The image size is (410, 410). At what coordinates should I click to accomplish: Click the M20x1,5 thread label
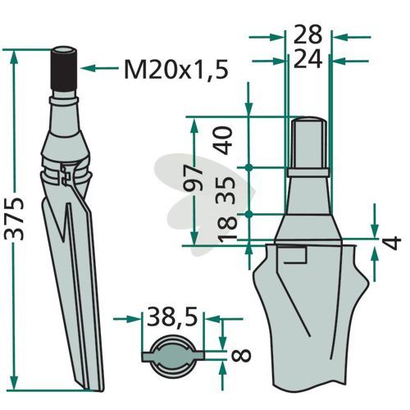tap(175, 70)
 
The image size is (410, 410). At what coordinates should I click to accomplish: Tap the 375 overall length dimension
tap(15, 219)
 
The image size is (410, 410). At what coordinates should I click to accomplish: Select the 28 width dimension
tap(307, 35)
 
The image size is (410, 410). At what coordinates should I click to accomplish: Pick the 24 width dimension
tap(307, 59)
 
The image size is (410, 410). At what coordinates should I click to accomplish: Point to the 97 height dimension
tap(194, 178)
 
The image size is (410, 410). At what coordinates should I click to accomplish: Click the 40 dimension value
tap(224, 141)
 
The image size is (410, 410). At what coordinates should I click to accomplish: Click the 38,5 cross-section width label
tap(172, 317)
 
